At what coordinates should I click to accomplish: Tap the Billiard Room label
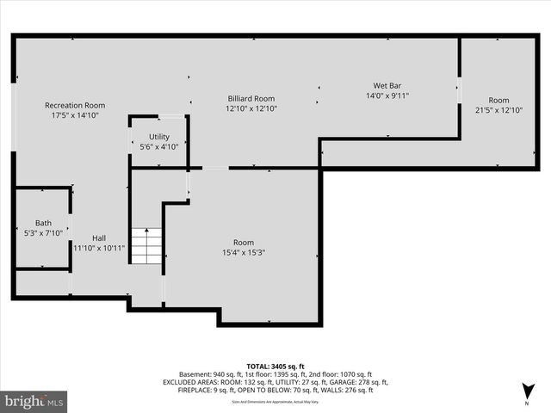tap(251, 98)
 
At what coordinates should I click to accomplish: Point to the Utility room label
tap(159, 137)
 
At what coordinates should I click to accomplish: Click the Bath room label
tap(43, 223)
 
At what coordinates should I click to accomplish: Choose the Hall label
tap(99, 237)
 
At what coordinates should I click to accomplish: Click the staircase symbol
tap(146, 246)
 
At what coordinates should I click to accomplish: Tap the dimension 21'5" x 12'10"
tap(498, 110)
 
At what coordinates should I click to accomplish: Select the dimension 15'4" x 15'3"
tap(244, 252)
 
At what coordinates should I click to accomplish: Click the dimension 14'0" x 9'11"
tap(387, 96)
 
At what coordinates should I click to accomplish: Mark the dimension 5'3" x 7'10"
tap(43, 232)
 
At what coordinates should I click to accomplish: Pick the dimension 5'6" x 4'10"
tap(159, 147)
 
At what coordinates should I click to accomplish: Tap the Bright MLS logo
tap(34, 401)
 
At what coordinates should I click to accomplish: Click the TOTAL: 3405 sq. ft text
tap(275, 367)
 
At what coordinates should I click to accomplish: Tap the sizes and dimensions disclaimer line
tap(275, 402)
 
